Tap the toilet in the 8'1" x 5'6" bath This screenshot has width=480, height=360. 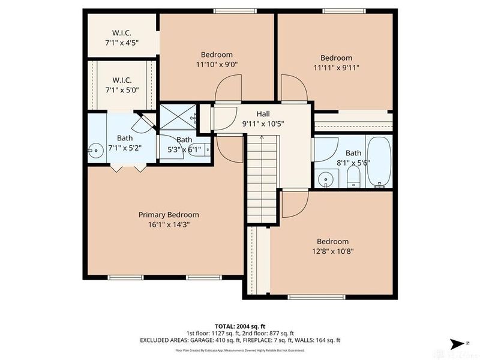point(353,175)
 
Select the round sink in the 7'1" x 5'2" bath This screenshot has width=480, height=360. point(95,150)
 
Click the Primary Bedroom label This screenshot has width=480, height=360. point(169,215)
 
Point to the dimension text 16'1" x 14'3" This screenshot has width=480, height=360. point(169,224)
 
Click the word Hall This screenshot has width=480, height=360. point(263,114)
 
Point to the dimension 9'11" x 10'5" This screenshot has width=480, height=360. point(263,124)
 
